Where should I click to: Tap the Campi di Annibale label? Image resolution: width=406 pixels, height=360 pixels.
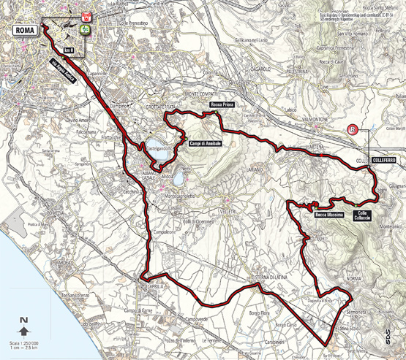[204, 143]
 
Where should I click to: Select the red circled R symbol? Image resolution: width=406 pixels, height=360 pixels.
[353, 130]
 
